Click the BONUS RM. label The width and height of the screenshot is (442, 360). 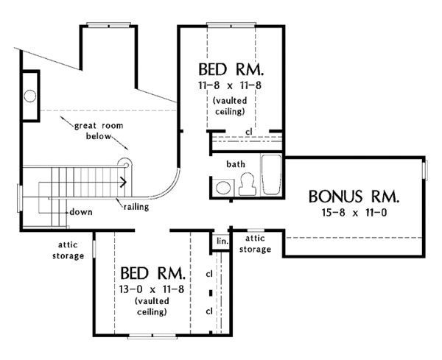pyautogui.click(x=354, y=197)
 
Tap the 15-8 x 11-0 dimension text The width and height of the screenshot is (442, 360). pyautogui.click(x=354, y=213)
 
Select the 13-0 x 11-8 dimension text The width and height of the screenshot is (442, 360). pyautogui.click(x=152, y=289)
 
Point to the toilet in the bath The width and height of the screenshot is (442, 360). pyautogui.click(x=248, y=183)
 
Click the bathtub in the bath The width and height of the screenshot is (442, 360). pyautogui.click(x=271, y=174)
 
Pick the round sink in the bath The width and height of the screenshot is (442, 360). pyautogui.click(x=223, y=188)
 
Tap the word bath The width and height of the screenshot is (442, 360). pyautogui.click(x=236, y=164)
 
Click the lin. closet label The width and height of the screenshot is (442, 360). pyautogui.click(x=222, y=241)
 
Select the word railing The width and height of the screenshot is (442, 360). pyautogui.click(x=136, y=208)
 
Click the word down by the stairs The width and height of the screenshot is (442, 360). pyautogui.click(x=81, y=212)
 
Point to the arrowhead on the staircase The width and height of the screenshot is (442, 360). pyautogui.click(x=123, y=182)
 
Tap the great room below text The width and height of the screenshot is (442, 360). pyautogui.click(x=99, y=131)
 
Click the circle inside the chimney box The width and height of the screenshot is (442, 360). pyautogui.click(x=30, y=96)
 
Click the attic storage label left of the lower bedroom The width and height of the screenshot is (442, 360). pyautogui.click(x=68, y=250)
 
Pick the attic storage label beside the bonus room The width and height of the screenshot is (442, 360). pyautogui.click(x=255, y=244)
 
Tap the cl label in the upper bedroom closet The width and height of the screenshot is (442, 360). pyautogui.click(x=249, y=132)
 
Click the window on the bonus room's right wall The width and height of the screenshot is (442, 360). pyautogui.click(x=425, y=169)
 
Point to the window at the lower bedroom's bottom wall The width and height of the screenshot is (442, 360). pyautogui.click(x=152, y=336)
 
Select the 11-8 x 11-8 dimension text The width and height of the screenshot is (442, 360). pyautogui.click(x=230, y=85)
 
